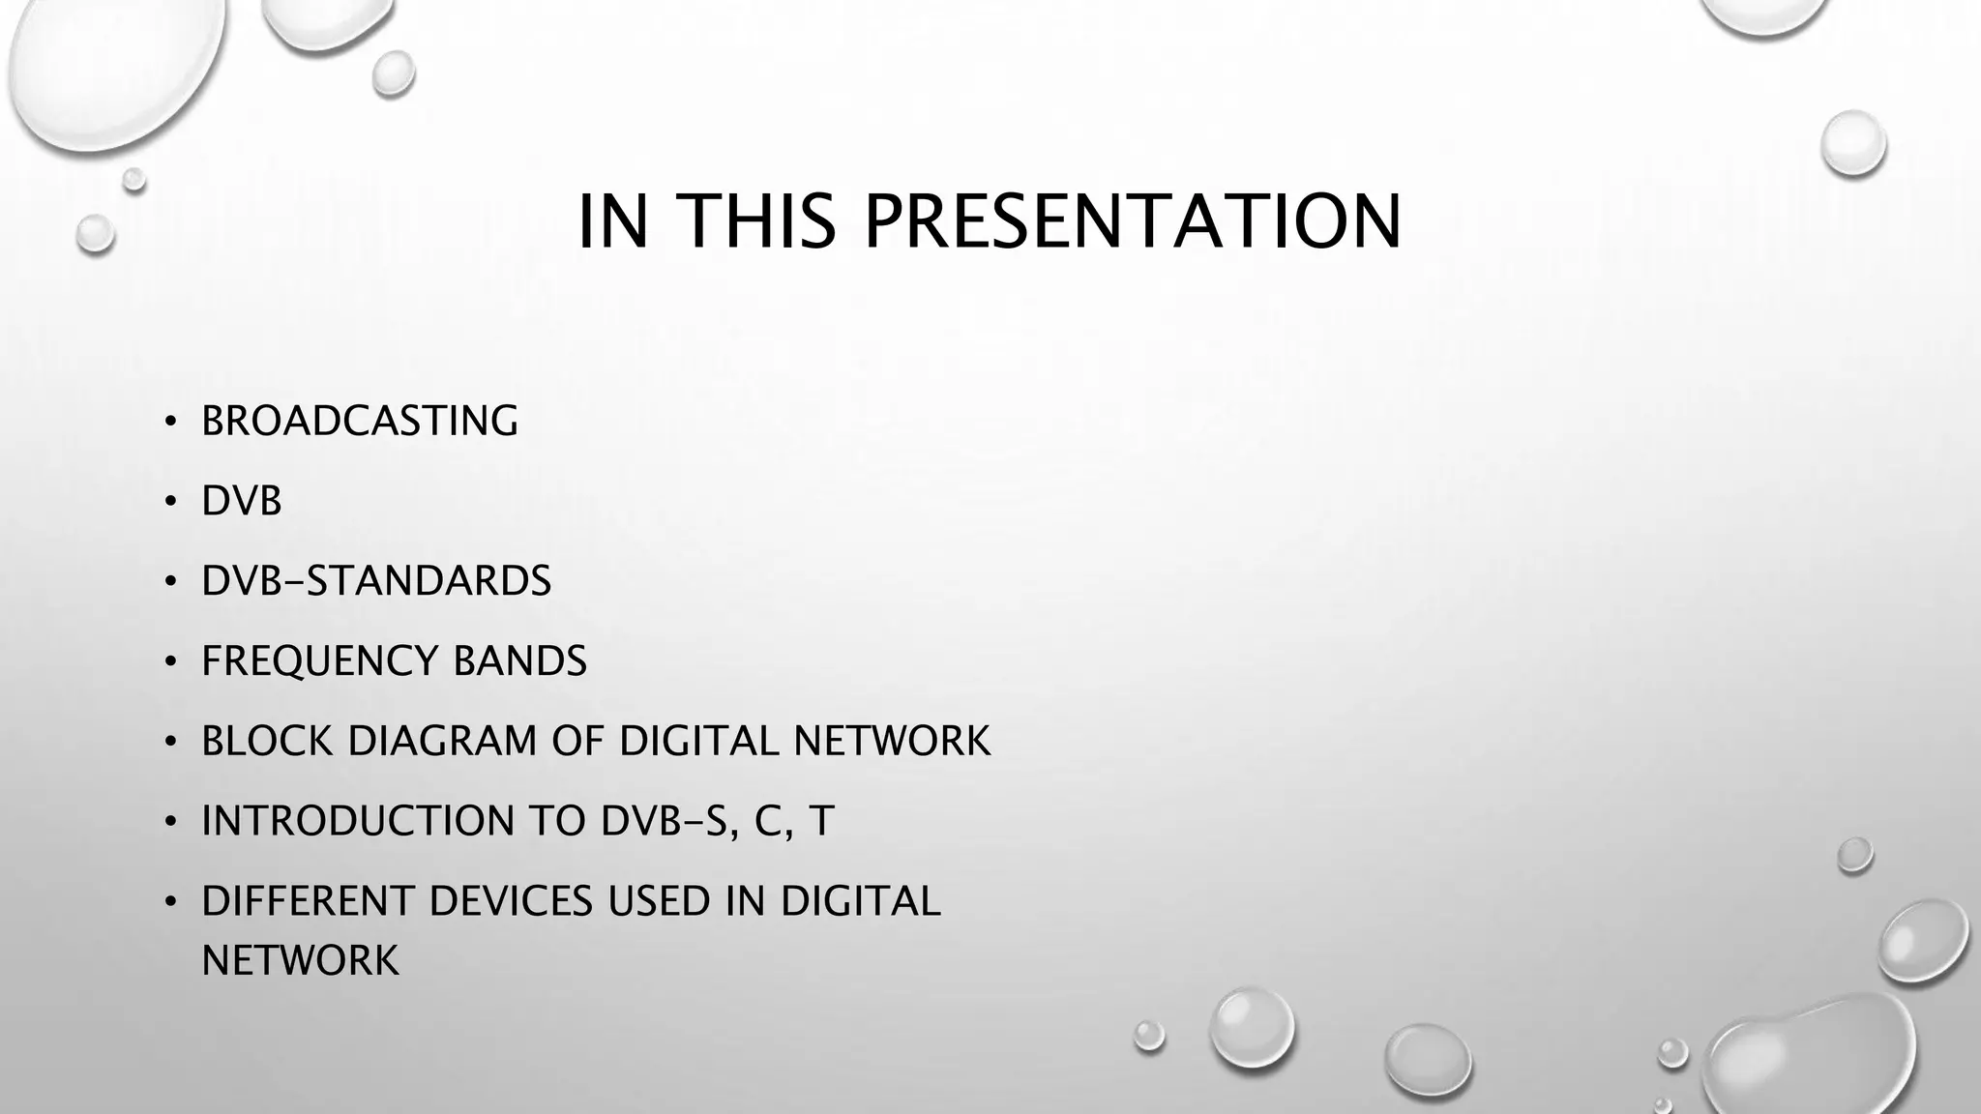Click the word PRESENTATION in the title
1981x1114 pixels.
(1132, 221)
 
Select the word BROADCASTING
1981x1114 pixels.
(360, 421)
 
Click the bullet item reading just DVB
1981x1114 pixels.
(242, 501)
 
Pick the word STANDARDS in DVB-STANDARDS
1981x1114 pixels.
(429, 581)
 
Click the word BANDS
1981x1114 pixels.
(519, 661)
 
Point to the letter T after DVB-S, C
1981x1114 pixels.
(821, 821)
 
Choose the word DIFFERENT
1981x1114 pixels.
(307, 901)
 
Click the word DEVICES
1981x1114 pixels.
(510, 901)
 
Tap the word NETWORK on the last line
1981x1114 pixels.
(300, 960)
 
